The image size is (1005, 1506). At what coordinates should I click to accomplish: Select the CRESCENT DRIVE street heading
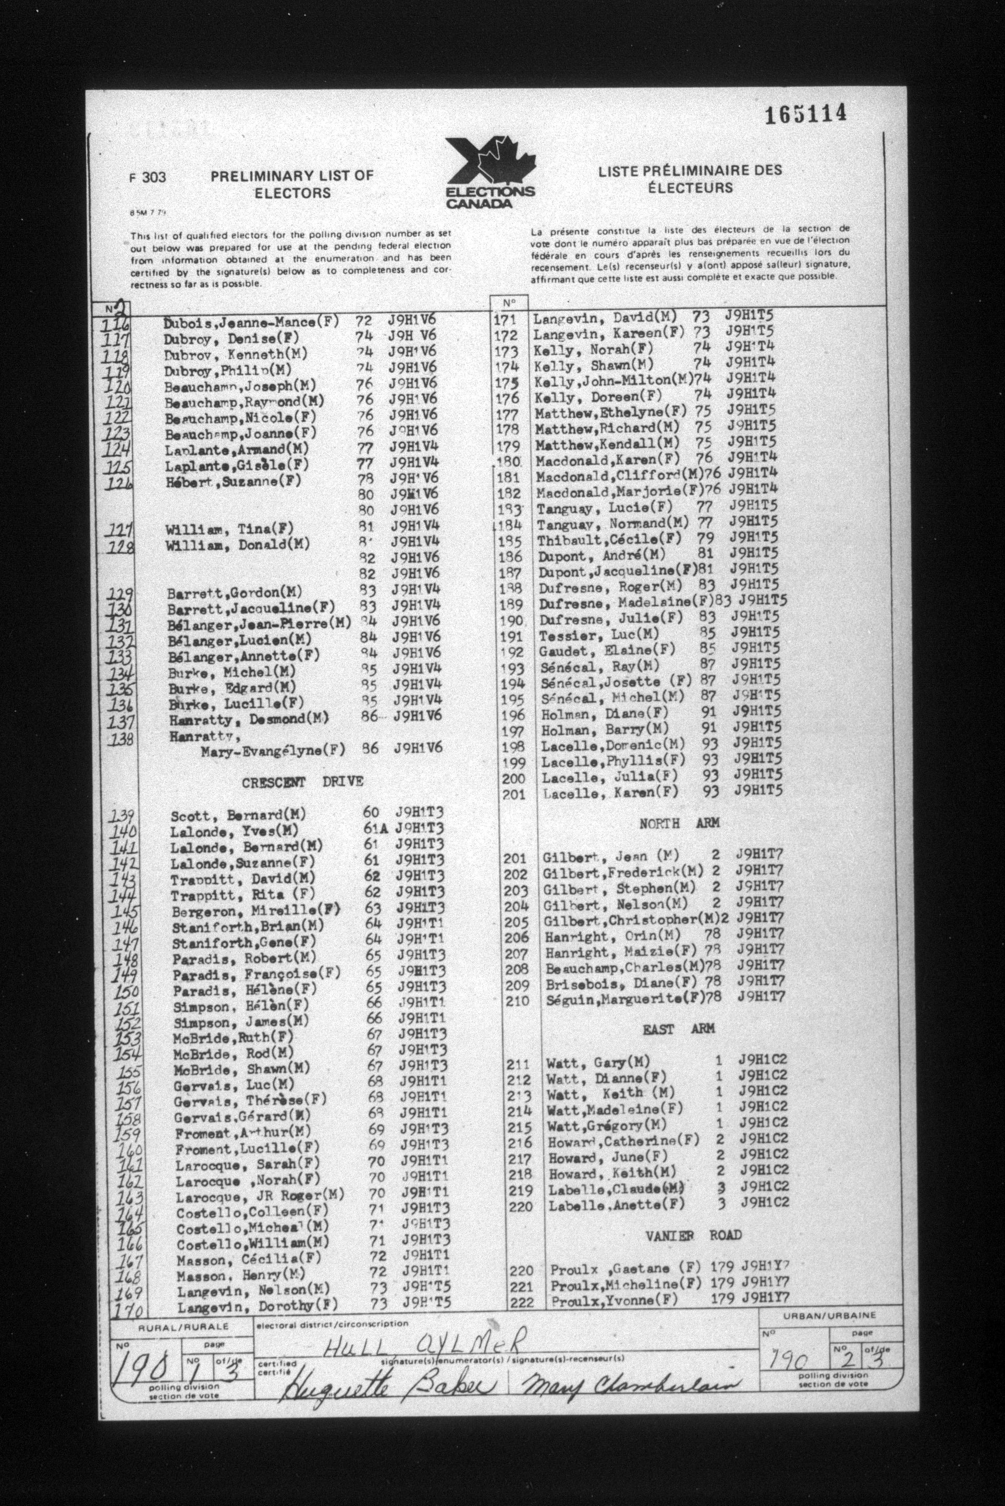pos(302,782)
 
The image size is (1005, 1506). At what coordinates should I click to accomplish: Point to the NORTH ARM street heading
pos(679,823)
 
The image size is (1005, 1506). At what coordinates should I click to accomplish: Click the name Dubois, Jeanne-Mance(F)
pos(251,322)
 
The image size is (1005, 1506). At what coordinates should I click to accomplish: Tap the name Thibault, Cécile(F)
pos(609,539)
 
